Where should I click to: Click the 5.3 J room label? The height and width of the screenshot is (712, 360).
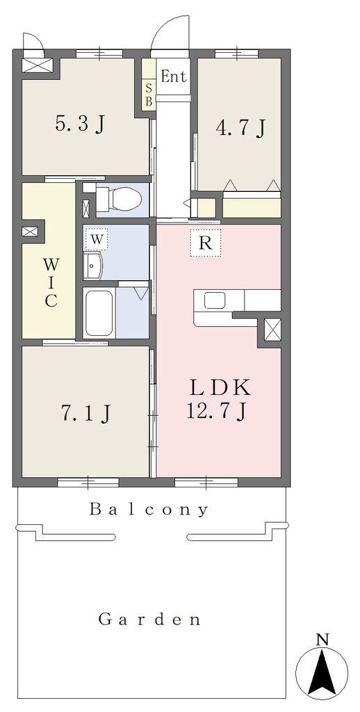pos(80,124)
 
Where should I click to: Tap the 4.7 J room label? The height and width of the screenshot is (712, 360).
pos(240,128)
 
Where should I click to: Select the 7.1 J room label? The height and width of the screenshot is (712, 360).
pos(85,412)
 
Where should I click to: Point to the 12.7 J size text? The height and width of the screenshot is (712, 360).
pos(216,412)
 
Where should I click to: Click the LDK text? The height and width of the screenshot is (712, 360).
pos(220,388)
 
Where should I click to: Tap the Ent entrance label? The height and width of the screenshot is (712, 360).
pos(174,76)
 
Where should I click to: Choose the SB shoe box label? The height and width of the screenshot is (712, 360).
pos(149,93)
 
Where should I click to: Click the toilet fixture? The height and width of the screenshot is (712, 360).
pos(119,198)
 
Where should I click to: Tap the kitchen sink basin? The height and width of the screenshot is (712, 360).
pos(215,300)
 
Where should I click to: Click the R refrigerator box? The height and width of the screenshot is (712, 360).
pos(206,243)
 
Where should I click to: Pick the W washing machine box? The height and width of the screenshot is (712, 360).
pos(96,239)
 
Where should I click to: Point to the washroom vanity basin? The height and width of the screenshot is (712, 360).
pos(94,266)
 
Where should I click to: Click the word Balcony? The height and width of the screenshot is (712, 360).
pos(149,510)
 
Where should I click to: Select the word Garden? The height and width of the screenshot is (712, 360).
pos(150,620)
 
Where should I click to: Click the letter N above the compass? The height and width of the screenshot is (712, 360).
pos(322,640)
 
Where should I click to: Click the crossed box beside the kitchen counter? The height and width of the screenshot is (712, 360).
pos(273,330)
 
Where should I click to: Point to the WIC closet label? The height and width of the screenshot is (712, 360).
pos(51,282)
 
